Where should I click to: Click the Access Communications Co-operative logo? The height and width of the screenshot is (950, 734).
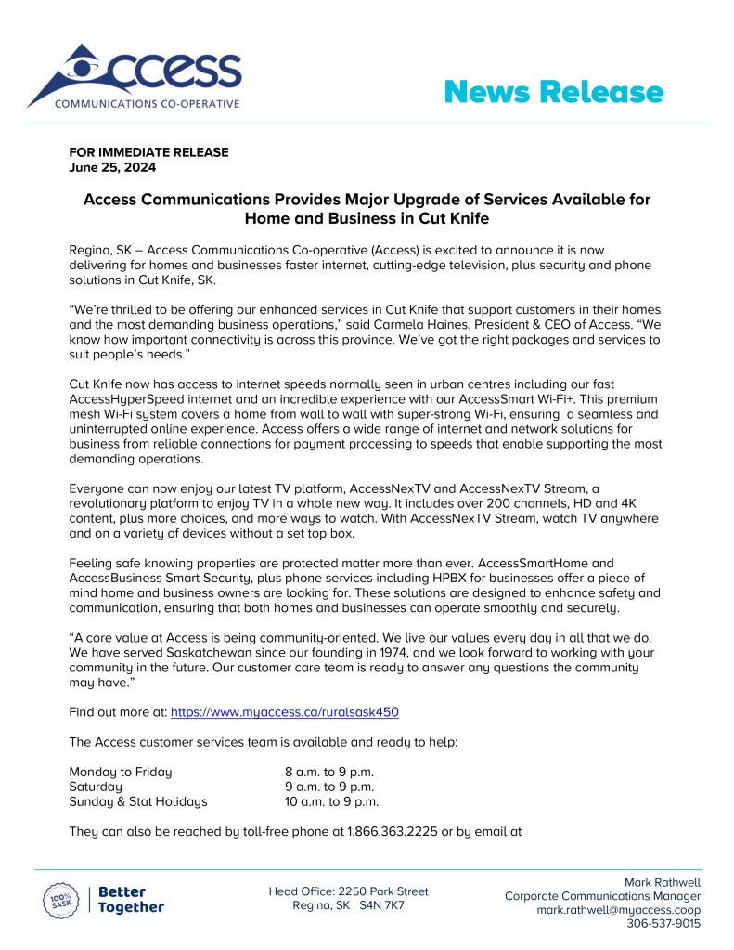tap(135, 76)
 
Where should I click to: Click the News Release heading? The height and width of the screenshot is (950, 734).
tap(553, 92)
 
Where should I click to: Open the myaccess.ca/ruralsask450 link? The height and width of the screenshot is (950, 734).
tap(285, 711)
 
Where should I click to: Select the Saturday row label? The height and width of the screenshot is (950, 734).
tap(96, 787)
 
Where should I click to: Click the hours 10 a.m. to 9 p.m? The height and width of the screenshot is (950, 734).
tap(331, 801)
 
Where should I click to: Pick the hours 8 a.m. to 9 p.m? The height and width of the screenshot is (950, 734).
tap(328, 772)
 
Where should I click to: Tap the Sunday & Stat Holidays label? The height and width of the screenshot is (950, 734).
tap(138, 801)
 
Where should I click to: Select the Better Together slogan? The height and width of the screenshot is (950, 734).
tap(131, 900)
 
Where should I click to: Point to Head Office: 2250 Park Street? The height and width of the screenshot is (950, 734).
tap(348, 891)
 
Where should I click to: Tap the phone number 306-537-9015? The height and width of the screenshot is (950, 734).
tap(663, 924)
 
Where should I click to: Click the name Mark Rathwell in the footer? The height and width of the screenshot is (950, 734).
tap(663, 882)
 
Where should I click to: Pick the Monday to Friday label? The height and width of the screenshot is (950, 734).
tap(121, 772)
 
